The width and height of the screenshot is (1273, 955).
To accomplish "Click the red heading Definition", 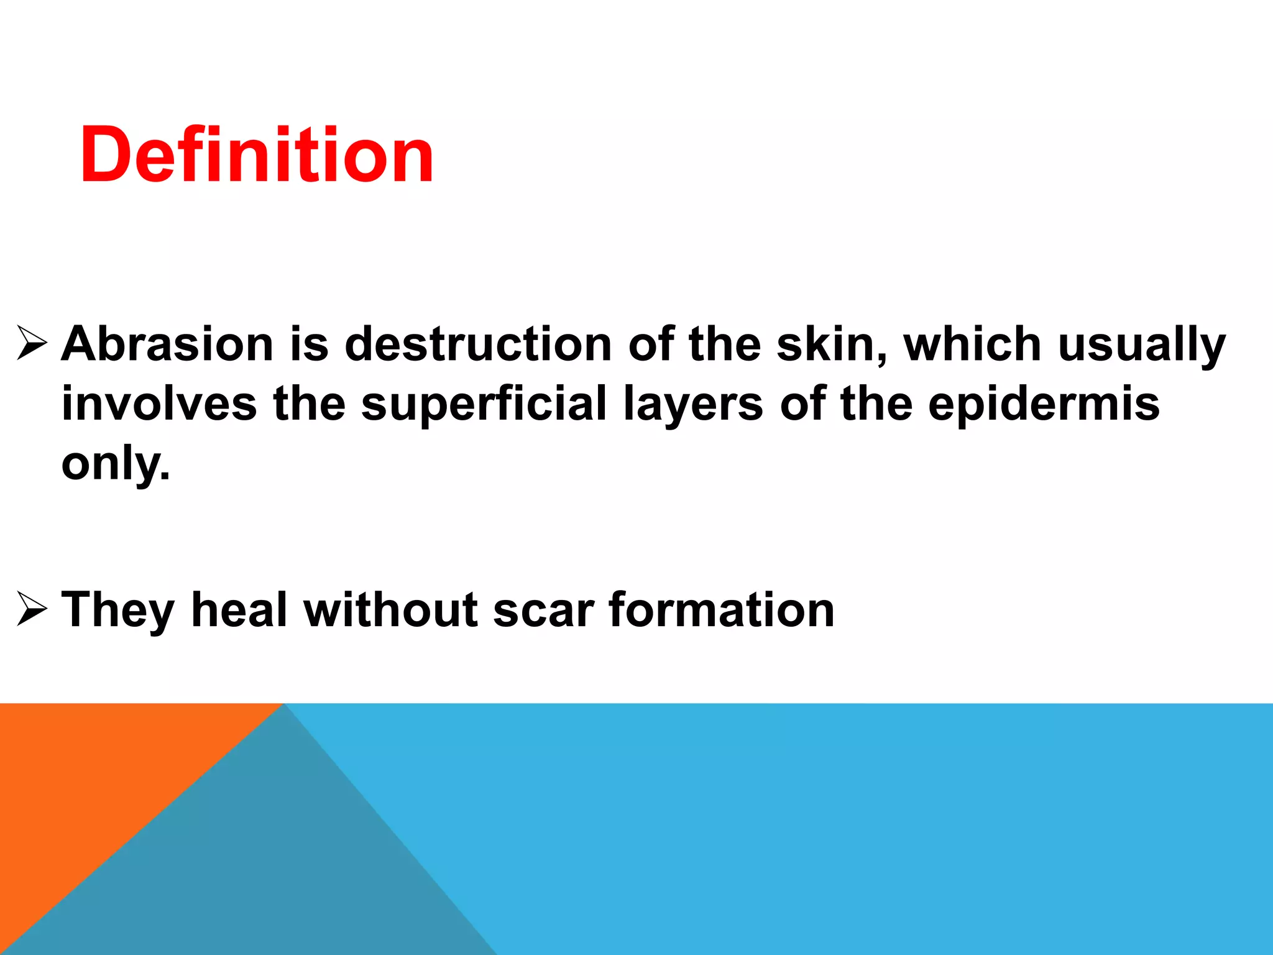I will click(x=257, y=155).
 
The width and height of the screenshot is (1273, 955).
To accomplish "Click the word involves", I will click(x=159, y=404).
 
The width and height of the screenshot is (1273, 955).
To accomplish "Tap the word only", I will click(x=115, y=464).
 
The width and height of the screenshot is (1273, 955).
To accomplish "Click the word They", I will click(x=118, y=611).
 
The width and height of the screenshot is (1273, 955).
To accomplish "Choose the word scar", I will click(x=543, y=611).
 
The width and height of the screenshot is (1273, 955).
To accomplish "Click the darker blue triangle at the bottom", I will click(x=261, y=870).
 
